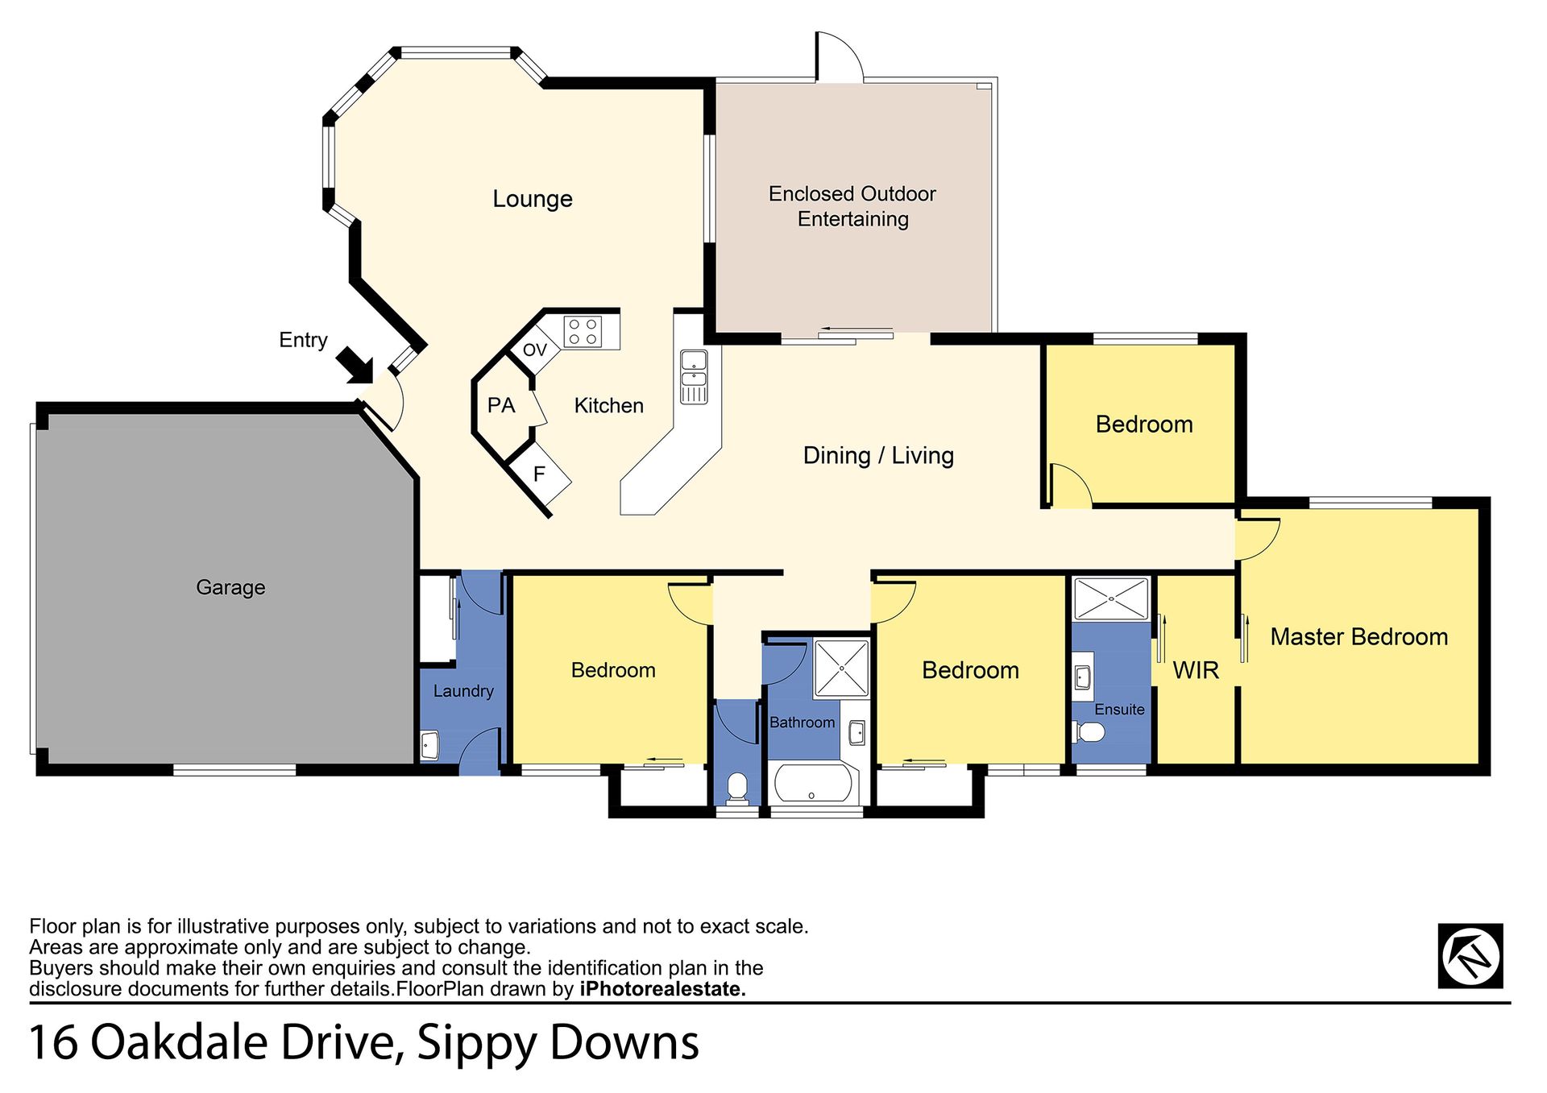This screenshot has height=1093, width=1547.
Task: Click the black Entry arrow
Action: [355, 365]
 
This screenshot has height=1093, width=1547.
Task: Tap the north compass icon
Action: [1470, 956]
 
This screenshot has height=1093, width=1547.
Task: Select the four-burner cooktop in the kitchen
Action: [583, 331]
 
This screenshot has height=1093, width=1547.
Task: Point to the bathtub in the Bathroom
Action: [811, 783]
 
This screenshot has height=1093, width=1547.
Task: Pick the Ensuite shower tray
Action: [1111, 598]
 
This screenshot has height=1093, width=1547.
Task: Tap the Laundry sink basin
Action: [429, 745]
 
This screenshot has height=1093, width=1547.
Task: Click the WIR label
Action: [1196, 670]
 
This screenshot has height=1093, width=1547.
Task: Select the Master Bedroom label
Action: [1359, 637]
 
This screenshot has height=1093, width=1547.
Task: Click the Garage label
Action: [230, 587]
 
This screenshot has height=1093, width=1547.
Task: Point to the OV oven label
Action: [535, 350]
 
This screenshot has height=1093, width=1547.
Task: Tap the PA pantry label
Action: [501, 405]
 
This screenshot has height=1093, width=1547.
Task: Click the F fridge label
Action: [539, 474]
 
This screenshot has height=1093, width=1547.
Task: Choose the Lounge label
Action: [533, 199]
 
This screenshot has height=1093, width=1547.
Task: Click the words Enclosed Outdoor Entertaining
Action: [852, 206]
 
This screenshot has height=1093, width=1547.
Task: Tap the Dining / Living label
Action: [878, 456]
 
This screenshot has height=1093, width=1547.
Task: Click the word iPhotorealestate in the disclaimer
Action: [662, 989]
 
